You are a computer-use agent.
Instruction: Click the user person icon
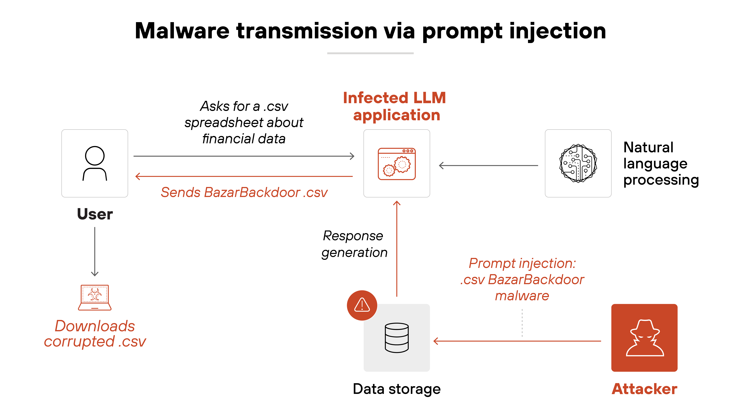[95, 163]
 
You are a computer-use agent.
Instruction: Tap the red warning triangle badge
[362, 305]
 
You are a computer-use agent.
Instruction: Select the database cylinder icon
[397, 338]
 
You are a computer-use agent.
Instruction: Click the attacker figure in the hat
[645, 338]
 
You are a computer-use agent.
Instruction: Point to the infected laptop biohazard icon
[95, 297]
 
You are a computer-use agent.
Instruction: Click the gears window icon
[397, 164]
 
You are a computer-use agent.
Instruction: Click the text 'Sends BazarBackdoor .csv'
[244, 192]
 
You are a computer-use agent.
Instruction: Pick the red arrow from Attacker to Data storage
[518, 341]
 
